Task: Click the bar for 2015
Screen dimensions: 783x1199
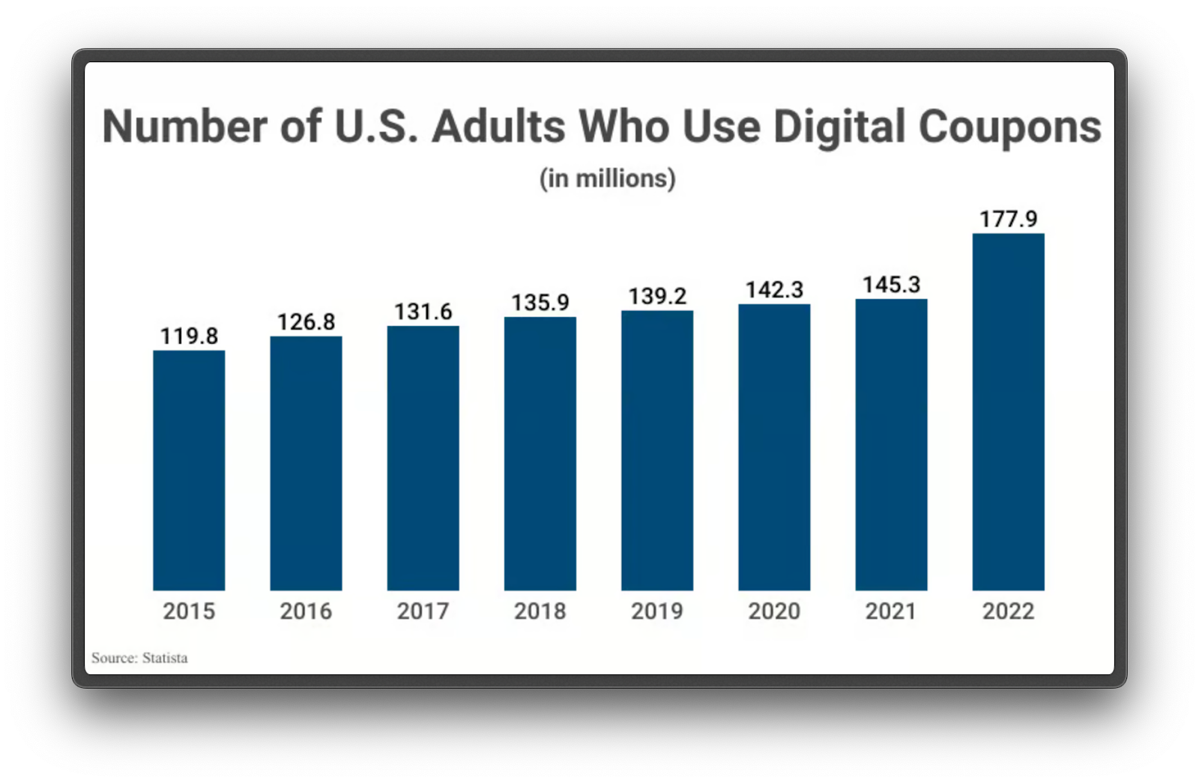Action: click(x=189, y=471)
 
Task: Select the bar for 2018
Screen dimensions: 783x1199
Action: click(x=540, y=453)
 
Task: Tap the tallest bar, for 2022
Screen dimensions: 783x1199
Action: click(x=1008, y=412)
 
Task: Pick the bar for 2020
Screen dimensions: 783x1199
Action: click(x=774, y=447)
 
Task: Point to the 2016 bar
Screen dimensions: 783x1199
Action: click(x=306, y=463)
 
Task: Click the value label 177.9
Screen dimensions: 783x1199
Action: click(x=1008, y=219)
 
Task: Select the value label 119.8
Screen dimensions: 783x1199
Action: click(x=189, y=336)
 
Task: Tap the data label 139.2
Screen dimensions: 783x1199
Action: click(x=657, y=296)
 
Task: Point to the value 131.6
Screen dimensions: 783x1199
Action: click(x=423, y=311)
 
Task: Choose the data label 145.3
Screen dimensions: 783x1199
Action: click(x=891, y=285)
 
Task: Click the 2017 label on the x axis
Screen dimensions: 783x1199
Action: click(x=423, y=611)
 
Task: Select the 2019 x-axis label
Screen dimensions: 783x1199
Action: click(x=657, y=611)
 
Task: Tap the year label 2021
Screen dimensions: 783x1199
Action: click(x=891, y=611)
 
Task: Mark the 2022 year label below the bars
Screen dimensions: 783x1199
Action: click(x=1008, y=611)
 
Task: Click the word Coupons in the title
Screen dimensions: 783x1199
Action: click(x=1009, y=127)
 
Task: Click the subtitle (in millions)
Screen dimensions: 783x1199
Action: click(x=607, y=178)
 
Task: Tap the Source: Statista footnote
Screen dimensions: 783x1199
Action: click(x=139, y=658)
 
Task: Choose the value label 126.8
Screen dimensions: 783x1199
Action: click(x=306, y=321)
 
